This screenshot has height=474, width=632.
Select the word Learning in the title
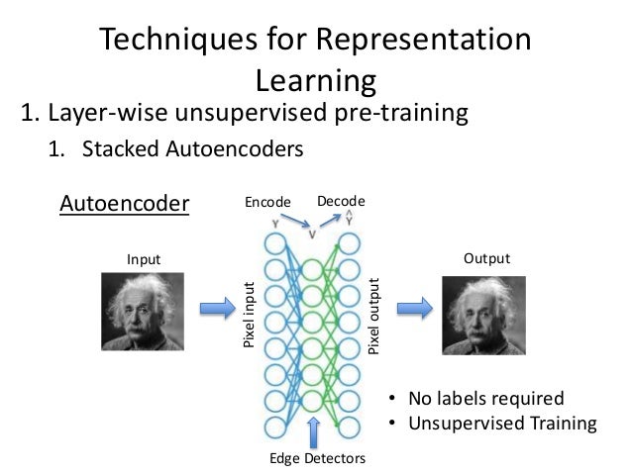(316, 79)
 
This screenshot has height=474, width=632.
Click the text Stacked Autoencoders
(192, 150)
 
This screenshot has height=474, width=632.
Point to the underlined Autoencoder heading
(125, 204)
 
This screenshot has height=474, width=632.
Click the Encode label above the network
(268, 204)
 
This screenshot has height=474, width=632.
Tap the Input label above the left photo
(143, 259)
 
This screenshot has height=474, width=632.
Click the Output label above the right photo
(486, 258)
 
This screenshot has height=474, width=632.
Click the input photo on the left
(143, 311)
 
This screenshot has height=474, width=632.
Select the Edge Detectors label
(317, 459)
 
